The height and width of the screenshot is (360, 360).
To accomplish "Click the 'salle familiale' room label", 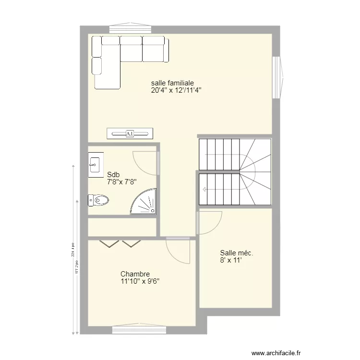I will click(x=172, y=83).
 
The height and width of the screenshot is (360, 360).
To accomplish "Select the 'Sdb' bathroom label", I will click(x=113, y=175).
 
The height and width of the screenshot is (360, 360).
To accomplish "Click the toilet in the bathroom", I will click(x=98, y=200).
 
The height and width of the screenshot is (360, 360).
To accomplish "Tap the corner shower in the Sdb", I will click(x=144, y=202).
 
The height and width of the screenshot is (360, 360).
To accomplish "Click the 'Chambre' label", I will click(x=135, y=274).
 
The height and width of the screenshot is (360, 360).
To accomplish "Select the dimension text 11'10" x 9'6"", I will click(x=140, y=282).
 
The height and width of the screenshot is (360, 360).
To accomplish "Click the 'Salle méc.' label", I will click(x=237, y=253).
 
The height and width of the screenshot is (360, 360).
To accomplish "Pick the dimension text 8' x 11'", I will click(x=230, y=261).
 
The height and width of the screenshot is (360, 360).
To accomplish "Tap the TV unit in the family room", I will click(x=130, y=133).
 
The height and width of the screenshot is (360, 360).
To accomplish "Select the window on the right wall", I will click(x=277, y=77).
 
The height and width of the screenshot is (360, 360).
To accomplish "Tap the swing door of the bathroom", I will click(x=146, y=162).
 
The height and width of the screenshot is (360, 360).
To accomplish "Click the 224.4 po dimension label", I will click(x=72, y=250).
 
